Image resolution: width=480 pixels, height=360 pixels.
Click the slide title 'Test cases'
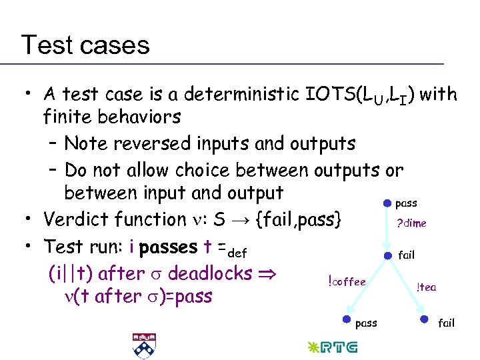(x=85, y=45)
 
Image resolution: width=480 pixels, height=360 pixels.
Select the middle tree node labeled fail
(x=387, y=255)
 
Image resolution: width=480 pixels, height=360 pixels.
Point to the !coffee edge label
(x=347, y=281)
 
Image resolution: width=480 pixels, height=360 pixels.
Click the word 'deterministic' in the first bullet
(x=221, y=94)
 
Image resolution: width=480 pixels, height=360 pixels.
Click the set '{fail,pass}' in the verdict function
(x=298, y=219)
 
